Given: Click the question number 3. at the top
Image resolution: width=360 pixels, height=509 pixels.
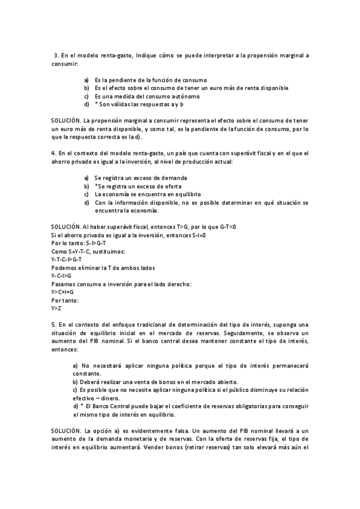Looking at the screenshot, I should (57, 55).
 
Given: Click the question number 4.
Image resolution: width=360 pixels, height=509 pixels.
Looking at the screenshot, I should (54, 154).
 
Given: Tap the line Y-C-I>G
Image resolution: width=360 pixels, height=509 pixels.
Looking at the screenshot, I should (61, 276).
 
